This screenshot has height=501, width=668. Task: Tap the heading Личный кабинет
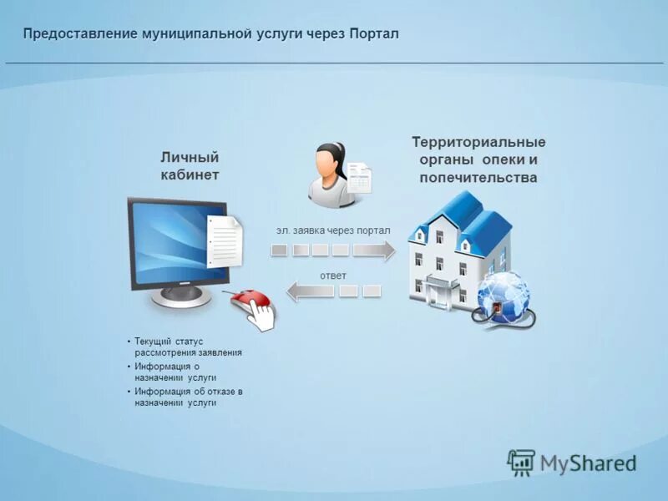[190, 165]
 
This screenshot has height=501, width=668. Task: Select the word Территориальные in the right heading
[478, 142]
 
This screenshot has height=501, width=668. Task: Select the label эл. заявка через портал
[333, 229]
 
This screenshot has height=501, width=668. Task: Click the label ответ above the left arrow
[332, 275]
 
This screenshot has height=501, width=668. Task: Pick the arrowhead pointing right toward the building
[386, 250]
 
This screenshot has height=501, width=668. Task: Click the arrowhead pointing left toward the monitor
[295, 291]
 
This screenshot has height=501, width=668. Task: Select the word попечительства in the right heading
[478, 178]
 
